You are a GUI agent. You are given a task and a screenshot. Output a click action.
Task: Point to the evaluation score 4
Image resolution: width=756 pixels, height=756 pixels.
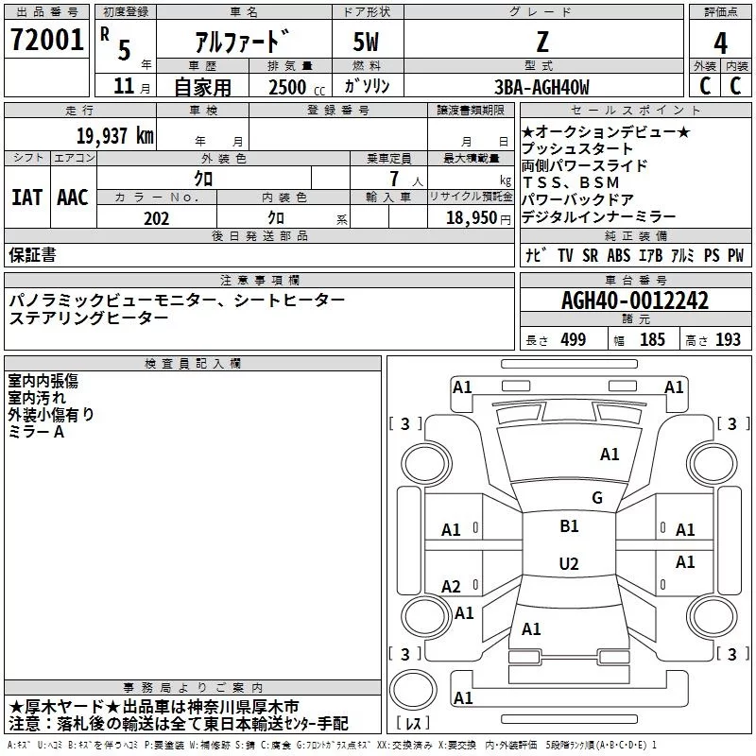click(721, 43)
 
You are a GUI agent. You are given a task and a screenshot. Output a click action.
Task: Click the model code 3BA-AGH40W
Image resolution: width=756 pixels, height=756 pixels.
click(541, 87)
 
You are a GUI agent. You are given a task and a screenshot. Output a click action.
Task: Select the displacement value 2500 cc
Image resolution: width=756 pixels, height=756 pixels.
click(289, 88)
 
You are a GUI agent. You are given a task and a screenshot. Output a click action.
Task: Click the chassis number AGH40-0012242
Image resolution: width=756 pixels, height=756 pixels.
click(635, 301)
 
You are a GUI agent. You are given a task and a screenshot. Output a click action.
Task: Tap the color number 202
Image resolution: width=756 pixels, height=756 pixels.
click(156, 218)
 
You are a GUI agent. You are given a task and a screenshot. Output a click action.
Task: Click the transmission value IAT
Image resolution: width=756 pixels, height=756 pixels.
click(26, 198)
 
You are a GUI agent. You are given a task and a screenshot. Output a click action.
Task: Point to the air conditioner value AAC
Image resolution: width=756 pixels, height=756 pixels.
click(72, 198)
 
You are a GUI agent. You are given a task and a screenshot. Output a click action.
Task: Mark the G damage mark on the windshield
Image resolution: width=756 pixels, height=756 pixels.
click(596, 498)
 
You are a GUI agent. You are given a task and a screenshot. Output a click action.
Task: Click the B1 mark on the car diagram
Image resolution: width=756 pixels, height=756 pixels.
click(569, 526)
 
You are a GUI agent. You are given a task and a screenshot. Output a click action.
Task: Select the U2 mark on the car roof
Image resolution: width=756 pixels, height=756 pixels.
click(569, 564)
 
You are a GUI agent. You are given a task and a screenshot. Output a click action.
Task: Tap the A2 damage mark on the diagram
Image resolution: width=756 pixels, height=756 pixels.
click(452, 587)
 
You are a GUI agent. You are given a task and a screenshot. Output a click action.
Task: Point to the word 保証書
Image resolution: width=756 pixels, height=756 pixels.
click(32, 255)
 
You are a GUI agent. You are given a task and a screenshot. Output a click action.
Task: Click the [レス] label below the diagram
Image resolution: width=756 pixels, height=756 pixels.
click(414, 724)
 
